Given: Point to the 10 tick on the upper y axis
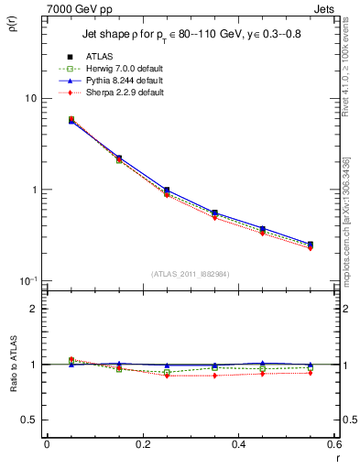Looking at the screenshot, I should pyautogui.click(x=29, y=99).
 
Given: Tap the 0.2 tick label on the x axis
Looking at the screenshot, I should pyautogui.click(x=142, y=444).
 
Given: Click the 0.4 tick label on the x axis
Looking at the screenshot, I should pyautogui.click(x=238, y=444).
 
